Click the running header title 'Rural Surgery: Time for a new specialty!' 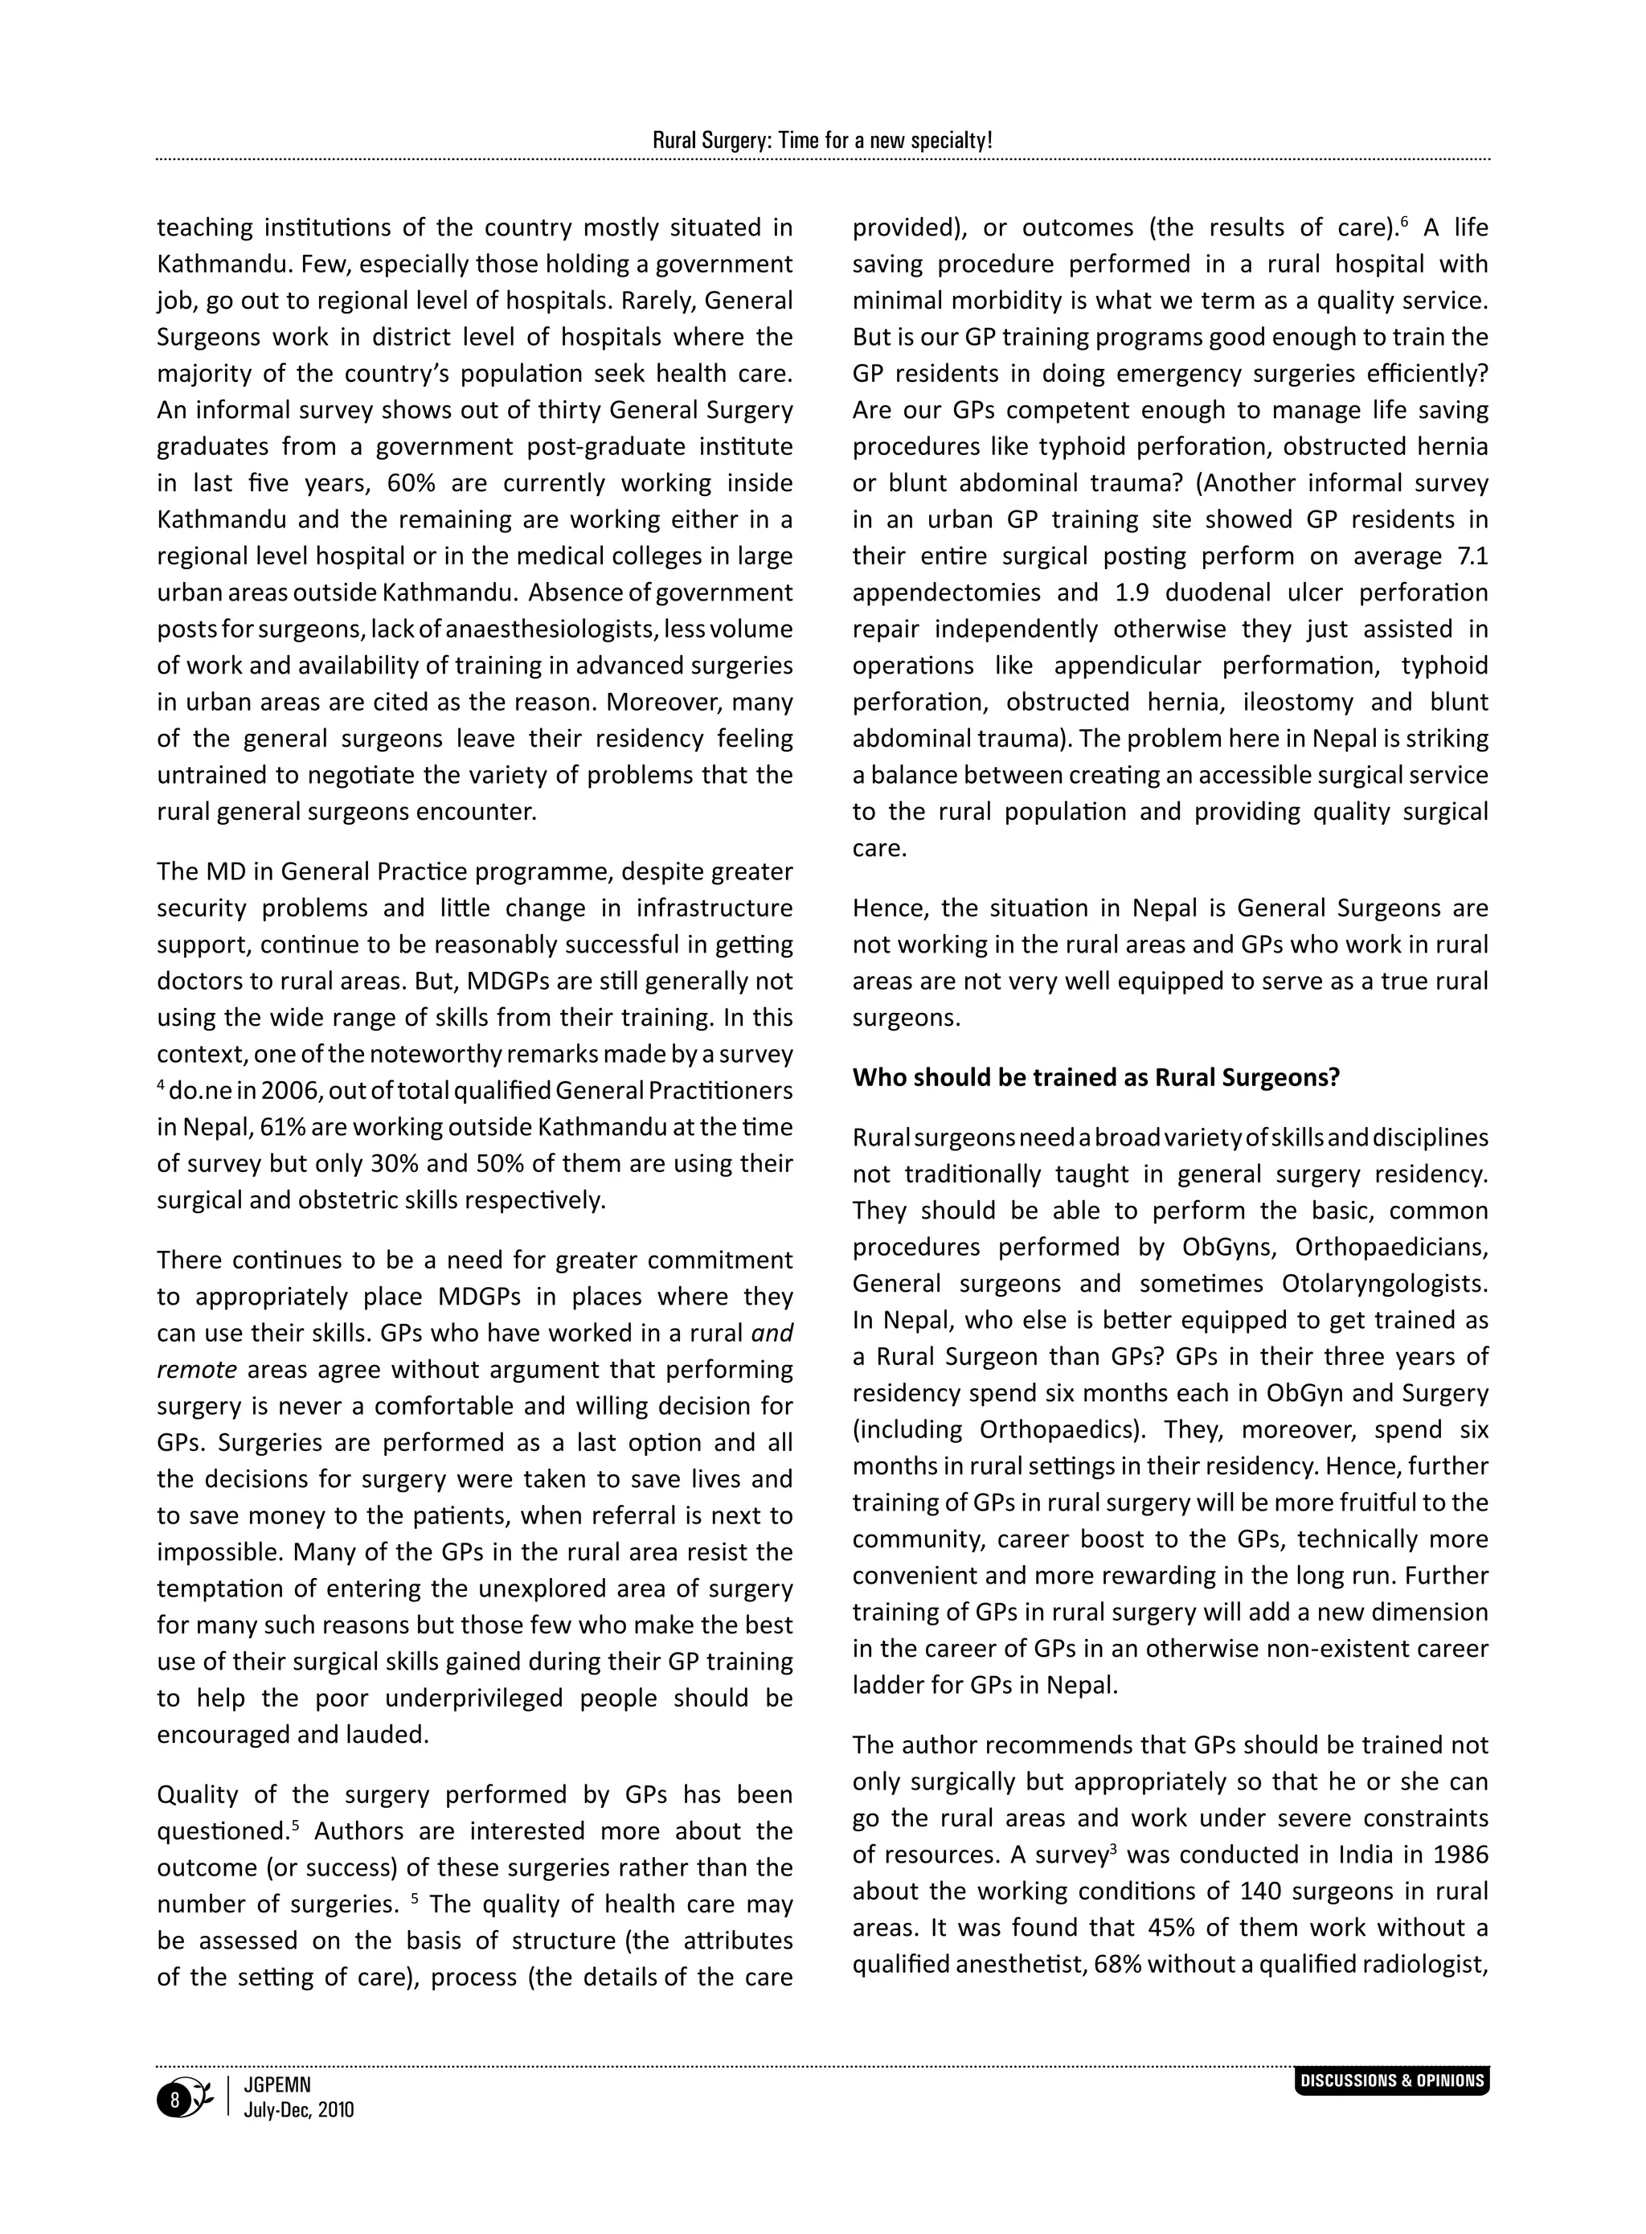pos(822,141)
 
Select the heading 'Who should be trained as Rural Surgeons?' pos(1096,1077)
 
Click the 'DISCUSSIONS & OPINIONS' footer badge pos(1392,2080)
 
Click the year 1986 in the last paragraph pos(1459,1855)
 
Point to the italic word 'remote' pos(197,1370)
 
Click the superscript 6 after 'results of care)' pos(1404,220)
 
